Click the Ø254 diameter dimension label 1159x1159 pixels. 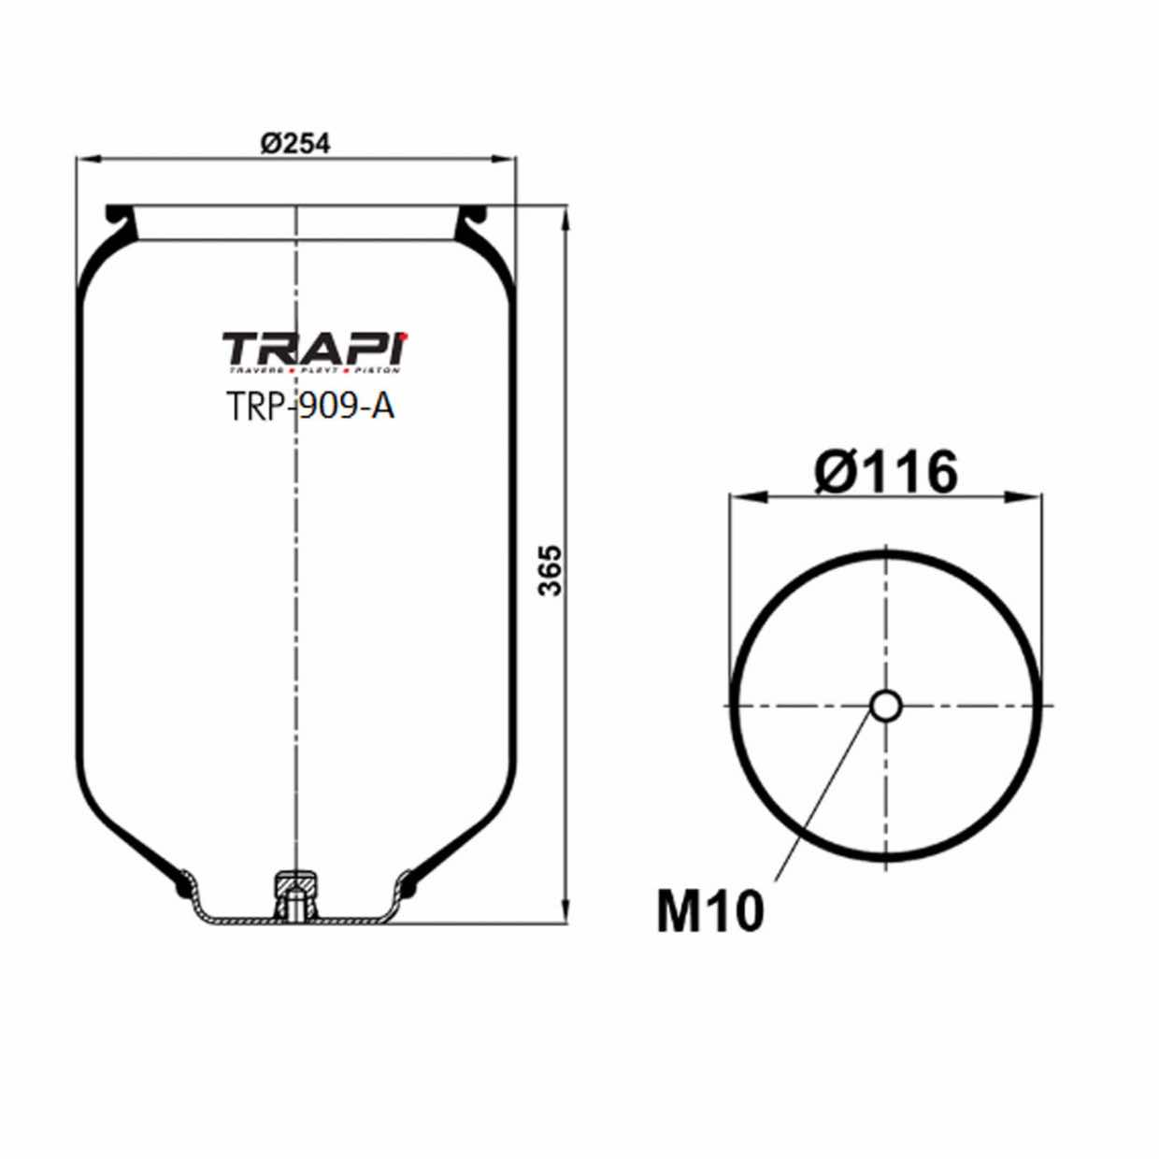[x=295, y=143]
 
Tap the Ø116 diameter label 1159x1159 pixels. [x=885, y=472]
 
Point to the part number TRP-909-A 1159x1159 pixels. [x=310, y=407]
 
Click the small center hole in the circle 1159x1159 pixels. [x=885, y=705]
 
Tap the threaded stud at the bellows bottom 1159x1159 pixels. [x=295, y=894]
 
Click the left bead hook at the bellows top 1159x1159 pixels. [x=119, y=218]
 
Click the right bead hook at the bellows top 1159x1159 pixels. [x=473, y=218]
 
